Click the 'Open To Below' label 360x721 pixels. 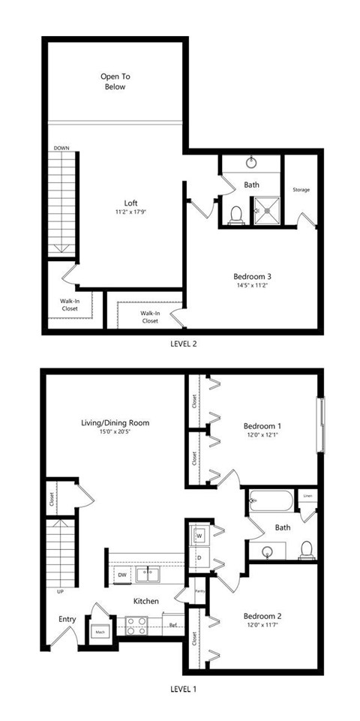[x=115, y=81]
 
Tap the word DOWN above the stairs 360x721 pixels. [x=61, y=149]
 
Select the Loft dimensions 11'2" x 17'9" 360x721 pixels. [x=130, y=212]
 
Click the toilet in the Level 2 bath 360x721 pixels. [x=235, y=215]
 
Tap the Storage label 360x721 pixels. [x=301, y=189]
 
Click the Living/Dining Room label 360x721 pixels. [x=115, y=422]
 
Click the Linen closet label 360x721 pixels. [x=307, y=496]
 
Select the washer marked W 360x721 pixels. [x=199, y=536]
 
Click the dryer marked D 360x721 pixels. [x=199, y=557]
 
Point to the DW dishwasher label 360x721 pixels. [x=121, y=575]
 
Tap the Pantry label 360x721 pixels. [x=199, y=590]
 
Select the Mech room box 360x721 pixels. [x=100, y=632]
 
